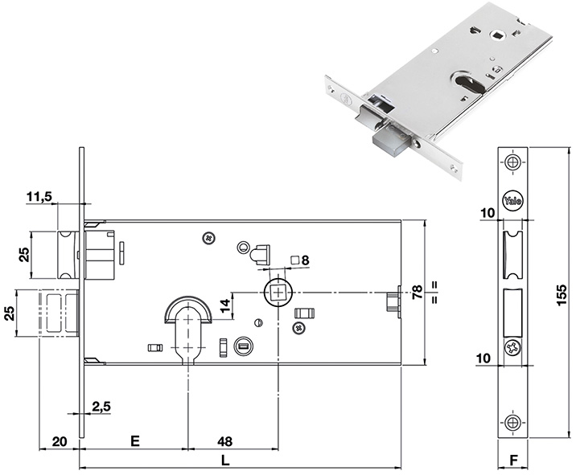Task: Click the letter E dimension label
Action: pyautogui.click(x=135, y=440)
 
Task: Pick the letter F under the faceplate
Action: pyautogui.click(x=513, y=462)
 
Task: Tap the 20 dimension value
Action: pyautogui.click(x=59, y=440)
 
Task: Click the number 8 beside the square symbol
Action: pyautogui.click(x=306, y=259)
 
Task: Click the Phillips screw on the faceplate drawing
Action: pyautogui.click(x=512, y=348)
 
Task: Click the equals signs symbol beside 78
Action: pyautogui.click(x=433, y=293)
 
